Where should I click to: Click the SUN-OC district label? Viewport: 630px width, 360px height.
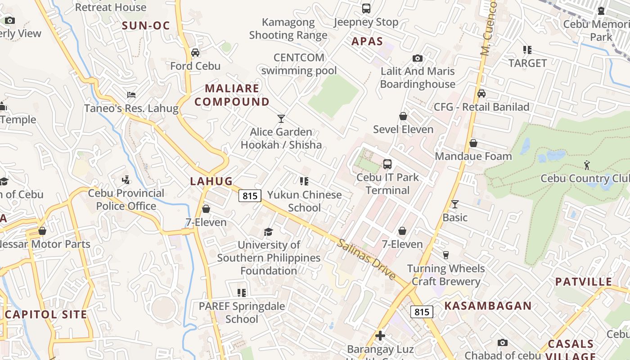tap(146, 26)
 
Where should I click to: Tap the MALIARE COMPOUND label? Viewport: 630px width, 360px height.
tap(232, 95)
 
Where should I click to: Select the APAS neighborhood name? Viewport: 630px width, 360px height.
tap(367, 42)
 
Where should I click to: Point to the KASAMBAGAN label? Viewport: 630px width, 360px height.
tap(488, 306)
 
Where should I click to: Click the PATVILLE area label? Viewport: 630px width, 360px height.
tap(584, 282)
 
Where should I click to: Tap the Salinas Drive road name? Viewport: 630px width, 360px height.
tap(366, 259)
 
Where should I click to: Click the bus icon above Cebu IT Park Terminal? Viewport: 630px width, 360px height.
tap(387, 164)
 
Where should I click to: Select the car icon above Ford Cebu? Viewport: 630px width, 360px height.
tap(195, 53)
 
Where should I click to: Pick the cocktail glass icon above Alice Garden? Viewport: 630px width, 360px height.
tap(281, 119)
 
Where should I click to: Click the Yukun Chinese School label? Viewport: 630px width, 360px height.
tap(305, 201)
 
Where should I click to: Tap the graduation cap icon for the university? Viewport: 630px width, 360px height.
tap(269, 232)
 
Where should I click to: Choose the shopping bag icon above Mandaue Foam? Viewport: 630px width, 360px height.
tap(473, 143)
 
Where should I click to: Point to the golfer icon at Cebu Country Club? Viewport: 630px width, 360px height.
tap(587, 165)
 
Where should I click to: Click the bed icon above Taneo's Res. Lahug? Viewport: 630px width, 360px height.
tap(131, 95)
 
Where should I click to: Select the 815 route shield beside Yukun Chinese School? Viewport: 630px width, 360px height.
tap(250, 196)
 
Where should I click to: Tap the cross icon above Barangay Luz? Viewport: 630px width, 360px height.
tap(380, 336)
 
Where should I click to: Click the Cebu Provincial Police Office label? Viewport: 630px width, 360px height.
tap(126, 200)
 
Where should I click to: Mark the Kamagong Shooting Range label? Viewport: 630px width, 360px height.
tap(288, 28)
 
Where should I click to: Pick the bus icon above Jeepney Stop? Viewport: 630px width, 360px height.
tap(366, 9)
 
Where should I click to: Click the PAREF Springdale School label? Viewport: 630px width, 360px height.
tap(242, 312)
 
